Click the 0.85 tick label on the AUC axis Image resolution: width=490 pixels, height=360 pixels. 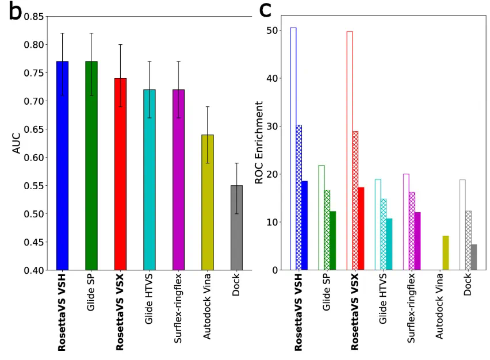35,17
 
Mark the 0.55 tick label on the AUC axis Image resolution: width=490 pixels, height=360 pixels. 35,186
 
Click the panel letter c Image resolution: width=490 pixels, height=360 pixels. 266,10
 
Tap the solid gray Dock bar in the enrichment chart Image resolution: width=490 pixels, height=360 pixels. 474,257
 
